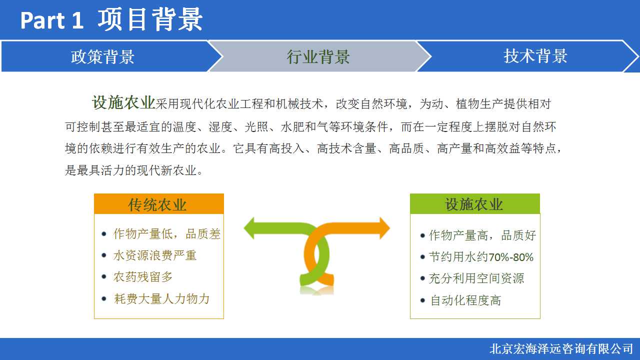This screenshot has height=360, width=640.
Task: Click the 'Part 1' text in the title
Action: [x=51, y=20]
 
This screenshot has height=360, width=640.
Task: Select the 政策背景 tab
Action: [x=103, y=56]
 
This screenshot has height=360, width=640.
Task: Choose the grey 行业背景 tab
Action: [x=318, y=56]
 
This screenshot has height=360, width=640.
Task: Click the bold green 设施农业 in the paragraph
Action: [x=123, y=102]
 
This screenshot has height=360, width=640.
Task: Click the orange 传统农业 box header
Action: [x=159, y=203]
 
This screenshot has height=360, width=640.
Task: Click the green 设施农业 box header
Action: [x=475, y=203]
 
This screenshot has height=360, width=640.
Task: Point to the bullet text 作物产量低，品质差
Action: [x=167, y=234]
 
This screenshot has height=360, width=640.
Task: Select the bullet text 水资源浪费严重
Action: [x=155, y=255]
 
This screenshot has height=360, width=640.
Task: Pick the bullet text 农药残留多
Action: [x=143, y=277]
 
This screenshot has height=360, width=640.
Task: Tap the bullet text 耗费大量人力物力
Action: [x=161, y=299]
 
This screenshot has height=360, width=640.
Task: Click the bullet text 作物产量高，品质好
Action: [x=482, y=235]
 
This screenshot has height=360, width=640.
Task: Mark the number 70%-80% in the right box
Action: [x=511, y=257]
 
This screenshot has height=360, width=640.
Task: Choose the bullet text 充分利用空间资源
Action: [x=476, y=278]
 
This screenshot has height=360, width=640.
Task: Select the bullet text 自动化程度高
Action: [x=465, y=300]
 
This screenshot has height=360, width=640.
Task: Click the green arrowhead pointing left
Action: [x=249, y=228]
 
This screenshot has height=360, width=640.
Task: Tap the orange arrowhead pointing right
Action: [x=384, y=228]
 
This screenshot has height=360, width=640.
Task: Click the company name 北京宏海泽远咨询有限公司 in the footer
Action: [x=561, y=349]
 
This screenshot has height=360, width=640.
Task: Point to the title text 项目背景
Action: [x=150, y=19]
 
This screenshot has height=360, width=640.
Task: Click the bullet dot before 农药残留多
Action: [x=104, y=277]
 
